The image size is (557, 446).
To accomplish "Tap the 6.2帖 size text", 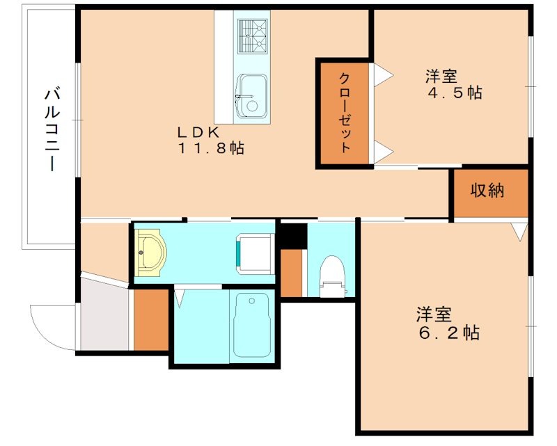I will point(447,333).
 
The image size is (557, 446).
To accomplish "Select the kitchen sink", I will point(250,96).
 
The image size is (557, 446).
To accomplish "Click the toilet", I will point(331,275).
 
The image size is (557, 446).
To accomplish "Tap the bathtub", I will point(252,324).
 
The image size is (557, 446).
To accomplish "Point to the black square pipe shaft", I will point(293,234).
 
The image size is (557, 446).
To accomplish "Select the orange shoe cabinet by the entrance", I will point(151,320).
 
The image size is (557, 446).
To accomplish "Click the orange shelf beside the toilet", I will point(291,272).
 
